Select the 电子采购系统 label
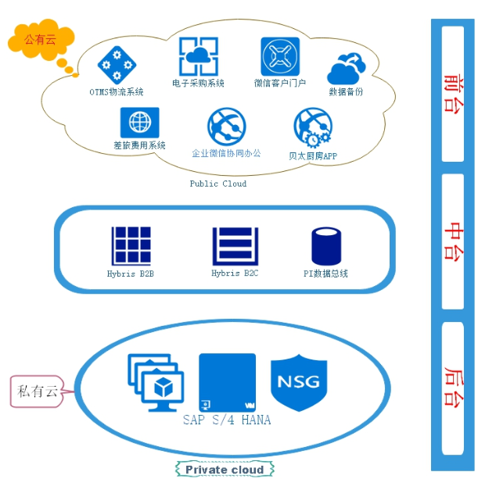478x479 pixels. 199,83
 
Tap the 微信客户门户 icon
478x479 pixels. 280,56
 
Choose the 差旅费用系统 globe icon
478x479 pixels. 139,122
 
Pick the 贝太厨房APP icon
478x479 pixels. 312,127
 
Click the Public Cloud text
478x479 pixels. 218,184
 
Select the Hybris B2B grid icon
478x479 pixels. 130,245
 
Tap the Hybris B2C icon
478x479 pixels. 235,245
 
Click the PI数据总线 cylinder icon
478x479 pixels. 325,247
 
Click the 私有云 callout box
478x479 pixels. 38,391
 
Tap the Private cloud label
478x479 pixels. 225,470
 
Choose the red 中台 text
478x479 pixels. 452,241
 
